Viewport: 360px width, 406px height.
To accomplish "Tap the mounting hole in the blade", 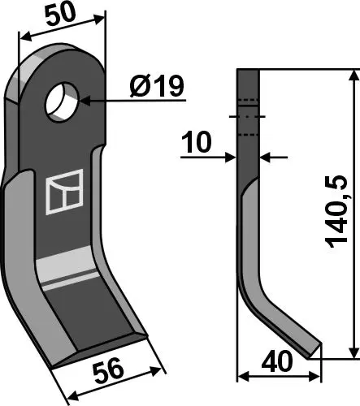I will (63, 101).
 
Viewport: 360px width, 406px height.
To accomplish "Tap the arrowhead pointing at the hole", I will (83, 101).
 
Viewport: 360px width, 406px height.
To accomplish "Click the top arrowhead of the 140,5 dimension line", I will (353, 76).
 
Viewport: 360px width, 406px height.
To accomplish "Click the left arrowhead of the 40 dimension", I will (242, 377).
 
